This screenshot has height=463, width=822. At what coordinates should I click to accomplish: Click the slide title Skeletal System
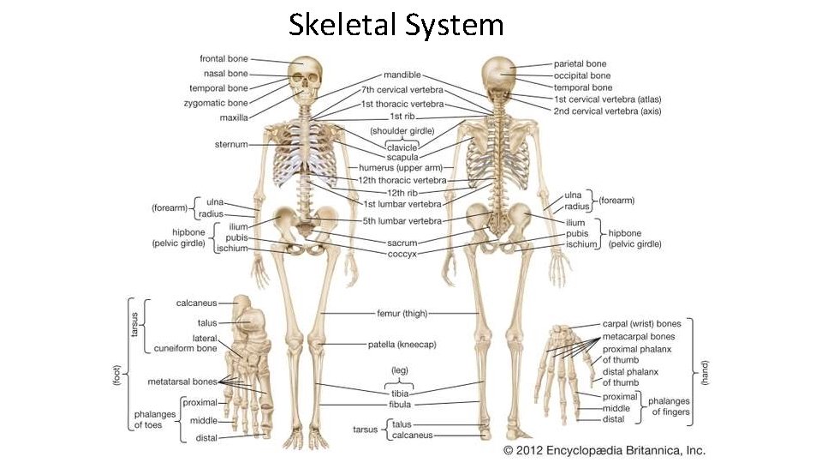tap(396, 25)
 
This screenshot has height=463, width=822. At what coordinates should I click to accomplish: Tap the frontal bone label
tap(223, 59)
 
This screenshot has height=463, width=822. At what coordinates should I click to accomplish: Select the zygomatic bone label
tap(216, 103)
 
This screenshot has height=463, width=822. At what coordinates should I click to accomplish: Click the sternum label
tap(231, 145)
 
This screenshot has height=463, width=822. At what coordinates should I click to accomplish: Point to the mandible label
tap(402, 75)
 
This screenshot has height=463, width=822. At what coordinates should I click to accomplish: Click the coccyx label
tap(402, 254)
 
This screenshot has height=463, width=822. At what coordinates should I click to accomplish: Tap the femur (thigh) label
tap(402, 314)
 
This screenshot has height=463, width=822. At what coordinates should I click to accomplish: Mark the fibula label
tap(400, 404)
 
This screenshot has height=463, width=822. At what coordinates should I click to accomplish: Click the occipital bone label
tap(582, 75)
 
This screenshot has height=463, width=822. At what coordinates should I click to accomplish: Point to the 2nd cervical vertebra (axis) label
tap(607, 111)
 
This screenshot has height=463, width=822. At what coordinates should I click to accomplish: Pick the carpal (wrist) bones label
tap(641, 324)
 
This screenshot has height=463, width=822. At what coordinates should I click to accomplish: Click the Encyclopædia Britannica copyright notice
tap(605, 450)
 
